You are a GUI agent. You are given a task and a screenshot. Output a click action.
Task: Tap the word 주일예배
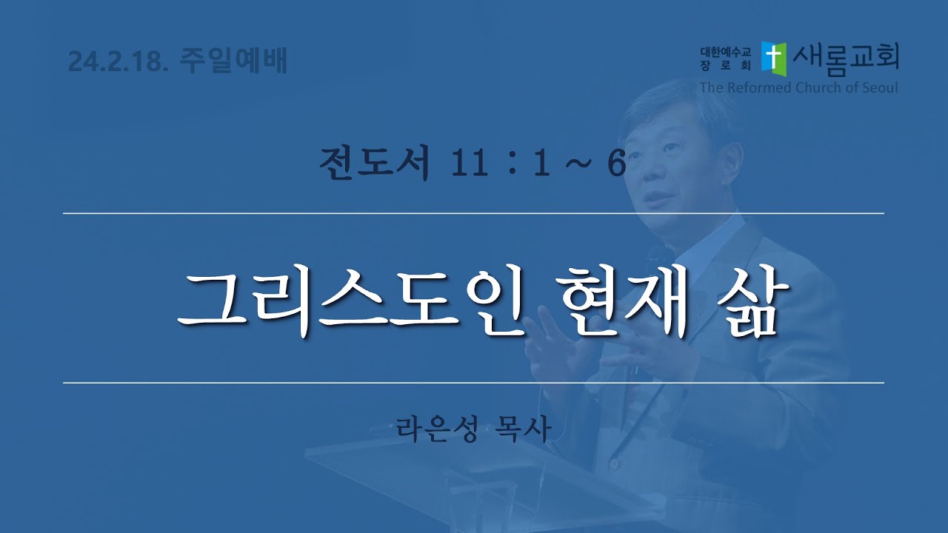click(233, 60)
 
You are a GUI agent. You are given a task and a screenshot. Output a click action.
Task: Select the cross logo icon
click(774, 58)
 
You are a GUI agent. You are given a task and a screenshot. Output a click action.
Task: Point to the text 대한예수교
click(725, 53)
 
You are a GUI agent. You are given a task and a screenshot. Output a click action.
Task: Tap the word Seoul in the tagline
click(878, 87)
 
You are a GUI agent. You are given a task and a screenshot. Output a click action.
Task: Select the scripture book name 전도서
click(375, 163)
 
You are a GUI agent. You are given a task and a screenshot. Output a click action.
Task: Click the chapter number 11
click(469, 164)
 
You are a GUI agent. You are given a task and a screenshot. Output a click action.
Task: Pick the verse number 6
click(616, 164)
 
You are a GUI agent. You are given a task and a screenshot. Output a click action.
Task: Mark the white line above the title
click(473, 214)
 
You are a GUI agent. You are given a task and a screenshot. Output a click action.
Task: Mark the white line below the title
click(473, 383)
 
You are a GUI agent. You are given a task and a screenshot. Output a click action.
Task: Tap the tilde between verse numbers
click(578, 164)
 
